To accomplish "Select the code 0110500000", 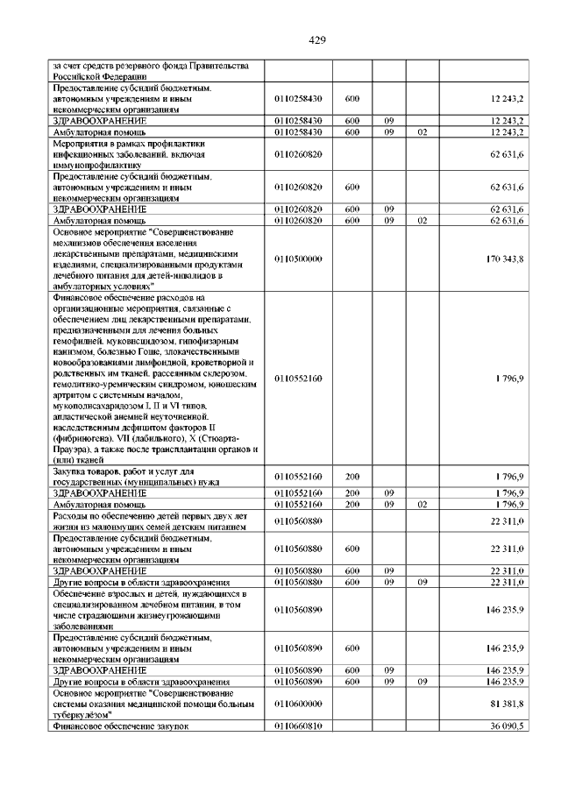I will pyautogui.click(x=299, y=258).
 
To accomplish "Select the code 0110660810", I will pyautogui.click(x=299, y=726).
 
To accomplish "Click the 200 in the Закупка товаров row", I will pyautogui.click(x=352, y=476).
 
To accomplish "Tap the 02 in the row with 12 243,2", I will pyautogui.click(x=422, y=131).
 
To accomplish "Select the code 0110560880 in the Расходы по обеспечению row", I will pyautogui.click(x=299, y=521).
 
